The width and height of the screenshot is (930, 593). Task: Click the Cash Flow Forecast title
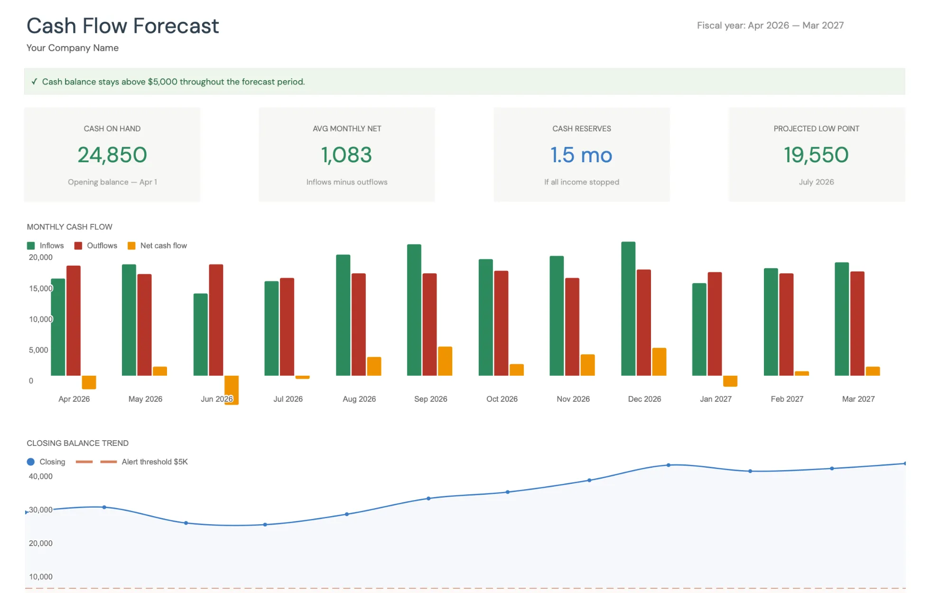pyautogui.click(x=122, y=26)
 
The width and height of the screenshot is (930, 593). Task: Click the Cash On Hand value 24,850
pyautogui.click(x=112, y=155)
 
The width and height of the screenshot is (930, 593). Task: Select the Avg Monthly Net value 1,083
pyautogui.click(x=346, y=155)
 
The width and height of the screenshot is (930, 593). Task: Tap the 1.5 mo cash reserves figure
pyautogui.click(x=581, y=155)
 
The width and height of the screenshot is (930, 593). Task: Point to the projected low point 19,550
pyautogui.click(x=816, y=155)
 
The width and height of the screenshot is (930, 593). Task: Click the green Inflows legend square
pyautogui.click(x=31, y=246)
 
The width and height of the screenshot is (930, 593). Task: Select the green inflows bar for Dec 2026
pyautogui.click(x=628, y=308)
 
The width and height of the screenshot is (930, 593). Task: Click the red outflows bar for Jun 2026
pyautogui.click(x=216, y=320)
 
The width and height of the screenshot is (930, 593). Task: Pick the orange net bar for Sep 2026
pyautogui.click(x=445, y=361)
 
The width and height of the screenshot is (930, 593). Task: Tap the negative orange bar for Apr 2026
pyautogui.click(x=89, y=382)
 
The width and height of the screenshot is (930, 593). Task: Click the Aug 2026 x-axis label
pyautogui.click(x=359, y=399)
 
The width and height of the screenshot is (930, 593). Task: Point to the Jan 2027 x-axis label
pyautogui.click(x=716, y=399)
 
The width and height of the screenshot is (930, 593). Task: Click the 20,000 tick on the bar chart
pyautogui.click(x=40, y=257)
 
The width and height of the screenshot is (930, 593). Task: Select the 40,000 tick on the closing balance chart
pyautogui.click(x=40, y=476)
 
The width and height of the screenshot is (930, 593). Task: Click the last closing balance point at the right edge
pyautogui.click(x=904, y=463)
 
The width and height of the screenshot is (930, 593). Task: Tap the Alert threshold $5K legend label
pyautogui.click(x=155, y=462)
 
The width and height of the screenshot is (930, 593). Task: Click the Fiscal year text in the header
pyautogui.click(x=770, y=26)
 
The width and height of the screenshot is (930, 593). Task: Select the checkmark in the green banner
pyautogui.click(x=34, y=82)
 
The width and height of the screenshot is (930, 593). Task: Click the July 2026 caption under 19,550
pyautogui.click(x=816, y=182)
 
